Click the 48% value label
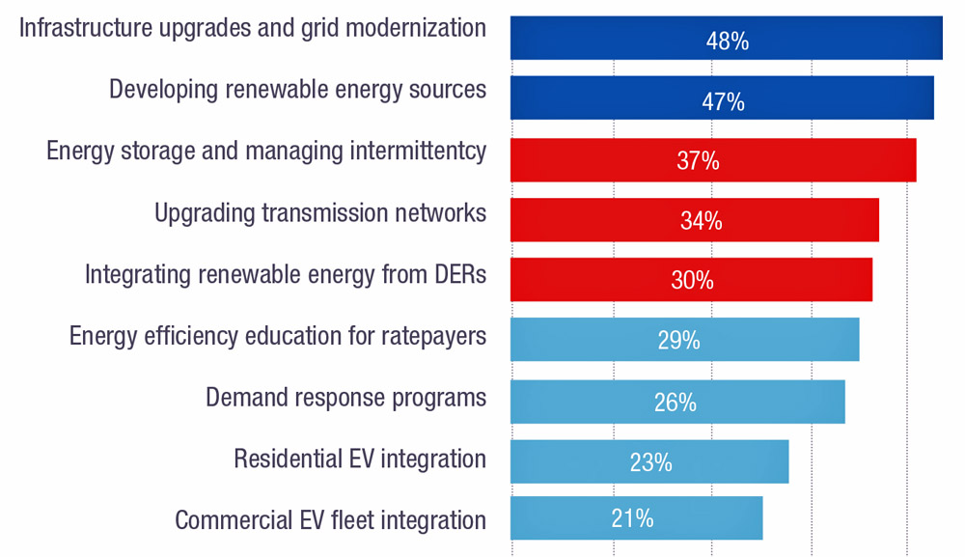pyautogui.click(x=727, y=41)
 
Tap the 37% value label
pyautogui.click(x=698, y=161)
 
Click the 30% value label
pyautogui.click(x=692, y=281)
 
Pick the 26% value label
pyautogui.click(x=675, y=402)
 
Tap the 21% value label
pyautogui.click(x=632, y=518)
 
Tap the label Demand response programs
pyautogui.click(x=345, y=398)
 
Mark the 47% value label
pyautogui.click(x=723, y=101)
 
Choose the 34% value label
pyautogui.click(x=701, y=221)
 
